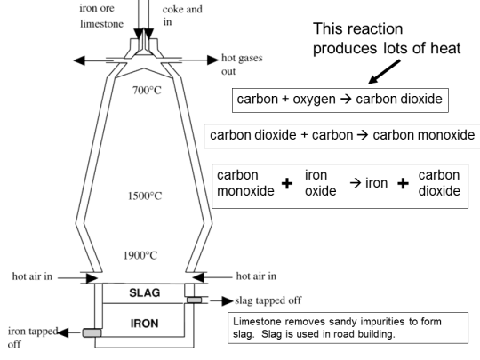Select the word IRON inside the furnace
point(143,323)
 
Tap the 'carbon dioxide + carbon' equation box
point(340,136)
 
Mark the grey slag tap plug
point(194,300)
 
